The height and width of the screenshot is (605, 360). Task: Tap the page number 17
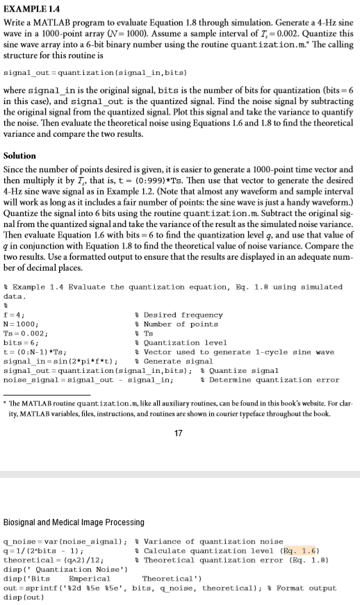click(x=179, y=434)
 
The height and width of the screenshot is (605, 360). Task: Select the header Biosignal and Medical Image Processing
click(x=74, y=522)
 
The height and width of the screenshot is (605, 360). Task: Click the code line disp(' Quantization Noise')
click(x=58, y=568)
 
